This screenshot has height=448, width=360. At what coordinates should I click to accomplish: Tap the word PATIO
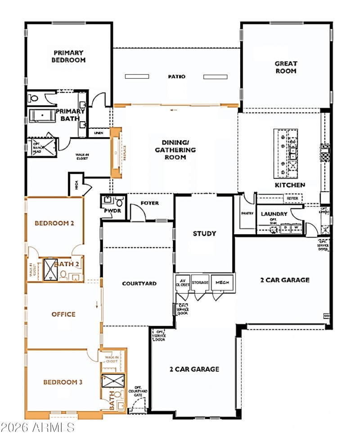tap(177, 77)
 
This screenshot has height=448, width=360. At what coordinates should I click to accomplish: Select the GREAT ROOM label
tap(286, 68)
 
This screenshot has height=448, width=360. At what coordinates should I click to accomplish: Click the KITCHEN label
tap(290, 185)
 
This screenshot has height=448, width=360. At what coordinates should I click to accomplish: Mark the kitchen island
tap(286, 154)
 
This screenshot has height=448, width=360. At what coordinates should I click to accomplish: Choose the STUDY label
tap(204, 234)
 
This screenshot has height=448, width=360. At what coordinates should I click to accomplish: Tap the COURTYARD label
tap(139, 284)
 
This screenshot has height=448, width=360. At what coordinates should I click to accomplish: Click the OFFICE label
tap(63, 314)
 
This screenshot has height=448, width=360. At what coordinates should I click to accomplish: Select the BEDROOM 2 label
tap(54, 223)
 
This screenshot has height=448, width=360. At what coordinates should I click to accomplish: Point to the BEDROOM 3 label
tap(63, 382)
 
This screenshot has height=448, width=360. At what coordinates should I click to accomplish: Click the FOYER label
tap(149, 203)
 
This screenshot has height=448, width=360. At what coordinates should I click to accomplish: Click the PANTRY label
tap(247, 213)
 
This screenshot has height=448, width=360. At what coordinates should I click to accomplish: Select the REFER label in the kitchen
tap(292, 198)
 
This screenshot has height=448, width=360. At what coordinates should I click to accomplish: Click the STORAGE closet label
tap(200, 282)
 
